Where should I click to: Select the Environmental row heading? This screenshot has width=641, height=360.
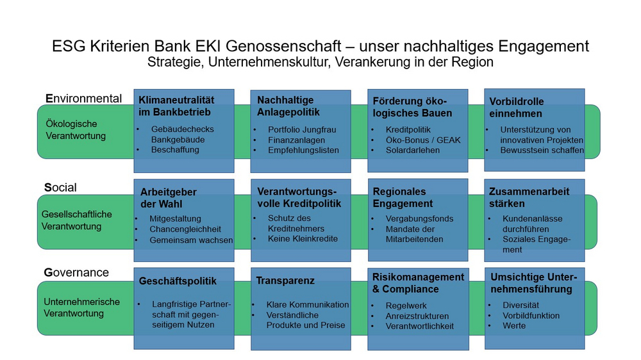[84, 99]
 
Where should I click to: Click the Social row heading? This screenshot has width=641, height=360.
[60, 188]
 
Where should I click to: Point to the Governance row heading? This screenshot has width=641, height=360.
[76, 272]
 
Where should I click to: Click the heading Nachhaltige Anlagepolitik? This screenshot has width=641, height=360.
[288, 106]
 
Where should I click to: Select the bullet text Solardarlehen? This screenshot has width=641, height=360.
[412, 151]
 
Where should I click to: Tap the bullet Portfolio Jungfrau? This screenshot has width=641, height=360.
[302, 129]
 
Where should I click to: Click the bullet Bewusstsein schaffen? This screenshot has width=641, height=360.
[542, 151]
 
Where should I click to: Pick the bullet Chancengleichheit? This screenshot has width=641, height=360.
[185, 229]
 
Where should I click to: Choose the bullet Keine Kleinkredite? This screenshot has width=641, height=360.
[303, 239]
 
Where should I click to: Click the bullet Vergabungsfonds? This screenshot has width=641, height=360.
[419, 218]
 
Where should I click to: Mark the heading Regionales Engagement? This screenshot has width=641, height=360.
[403, 197]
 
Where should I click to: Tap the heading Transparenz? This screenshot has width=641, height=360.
[285, 281]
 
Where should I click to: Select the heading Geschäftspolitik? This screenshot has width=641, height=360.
[178, 281]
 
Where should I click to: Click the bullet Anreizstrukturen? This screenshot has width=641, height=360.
[417, 316]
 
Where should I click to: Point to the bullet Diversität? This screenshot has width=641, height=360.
[520, 306]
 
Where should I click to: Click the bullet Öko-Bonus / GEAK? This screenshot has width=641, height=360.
[423, 140]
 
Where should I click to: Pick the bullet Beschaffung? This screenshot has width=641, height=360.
[175, 149]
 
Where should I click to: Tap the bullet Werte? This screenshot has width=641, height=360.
[514, 325]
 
